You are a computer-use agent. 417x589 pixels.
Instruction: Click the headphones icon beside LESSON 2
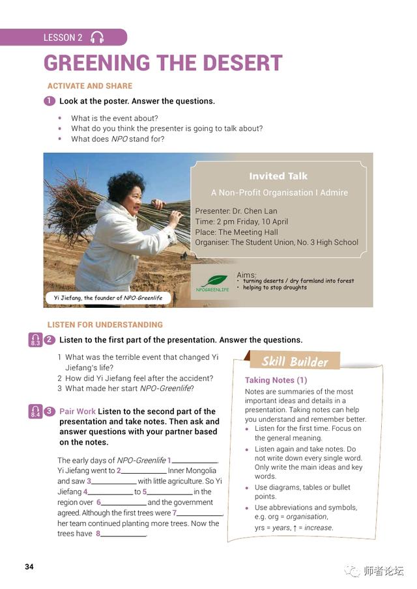[97, 37]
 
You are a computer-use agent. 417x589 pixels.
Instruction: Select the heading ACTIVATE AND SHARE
[90, 86]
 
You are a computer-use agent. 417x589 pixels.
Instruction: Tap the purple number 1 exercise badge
[50, 101]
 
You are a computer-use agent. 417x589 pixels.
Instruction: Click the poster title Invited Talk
[278, 176]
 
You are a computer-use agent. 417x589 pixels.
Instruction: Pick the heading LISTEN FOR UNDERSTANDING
[105, 325]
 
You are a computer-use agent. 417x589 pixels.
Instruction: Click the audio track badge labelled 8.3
[35, 340]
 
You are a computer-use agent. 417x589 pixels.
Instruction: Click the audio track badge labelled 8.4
[35, 411]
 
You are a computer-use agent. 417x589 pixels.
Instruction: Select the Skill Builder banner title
[295, 362]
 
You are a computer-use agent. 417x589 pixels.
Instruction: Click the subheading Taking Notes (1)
[276, 380]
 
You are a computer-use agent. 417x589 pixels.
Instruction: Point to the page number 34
[29, 566]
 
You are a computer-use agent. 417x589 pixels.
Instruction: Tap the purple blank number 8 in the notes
[98, 534]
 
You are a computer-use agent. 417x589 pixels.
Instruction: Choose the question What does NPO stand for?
[117, 139]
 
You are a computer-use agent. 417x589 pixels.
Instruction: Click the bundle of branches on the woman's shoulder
[72, 208]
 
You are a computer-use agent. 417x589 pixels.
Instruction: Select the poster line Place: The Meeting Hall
[237, 232]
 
